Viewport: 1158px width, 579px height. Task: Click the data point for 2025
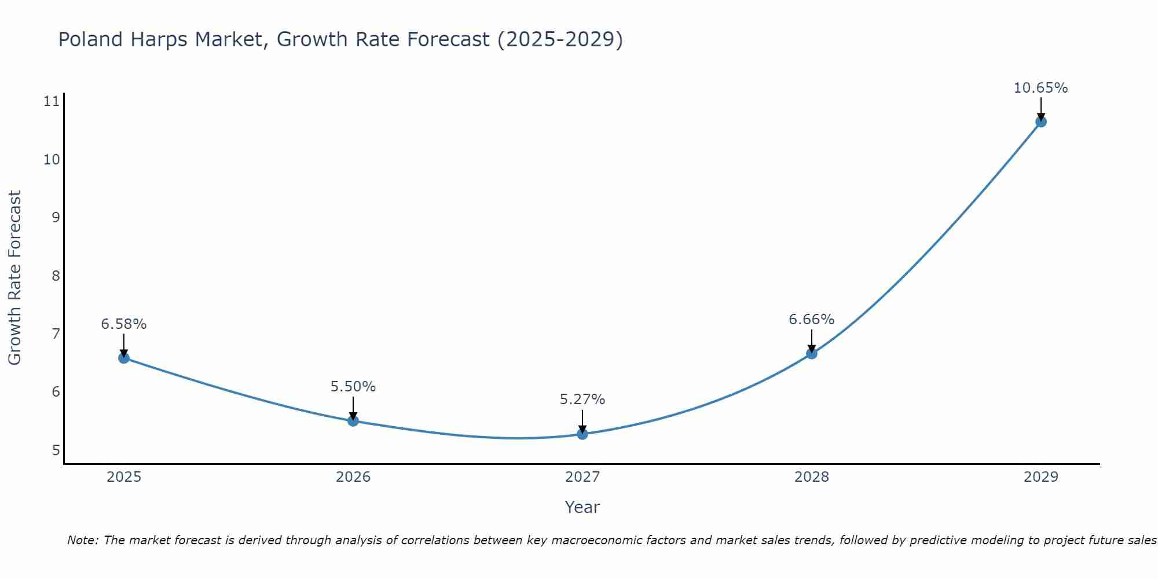(x=124, y=358)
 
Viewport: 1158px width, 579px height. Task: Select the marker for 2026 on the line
(x=353, y=421)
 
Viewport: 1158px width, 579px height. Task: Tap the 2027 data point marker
(x=582, y=434)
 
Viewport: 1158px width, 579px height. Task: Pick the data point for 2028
(x=812, y=353)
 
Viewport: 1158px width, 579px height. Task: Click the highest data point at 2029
(x=1041, y=122)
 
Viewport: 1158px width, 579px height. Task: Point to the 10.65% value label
(x=1040, y=88)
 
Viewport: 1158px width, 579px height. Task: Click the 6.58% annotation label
(x=124, y=324)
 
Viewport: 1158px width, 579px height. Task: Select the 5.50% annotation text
(x=353, y=387)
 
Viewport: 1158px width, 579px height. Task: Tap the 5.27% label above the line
(x=582, y=400)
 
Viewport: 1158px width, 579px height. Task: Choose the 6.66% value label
(x=811, y=320)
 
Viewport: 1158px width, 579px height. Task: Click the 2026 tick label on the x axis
(x=353, y=477)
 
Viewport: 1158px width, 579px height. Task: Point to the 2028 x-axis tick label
(x=812, y=477)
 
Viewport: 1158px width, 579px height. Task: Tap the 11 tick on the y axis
(x=52, y=102)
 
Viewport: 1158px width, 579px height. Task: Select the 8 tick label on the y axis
(x=56, y=276)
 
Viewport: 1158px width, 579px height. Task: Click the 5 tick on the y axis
(x=56, y=450)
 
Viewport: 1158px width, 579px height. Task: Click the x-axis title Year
(x=582, y=507)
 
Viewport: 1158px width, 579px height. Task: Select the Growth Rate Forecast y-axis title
(x=14, y=277)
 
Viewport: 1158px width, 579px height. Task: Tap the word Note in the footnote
(x=83, y=540)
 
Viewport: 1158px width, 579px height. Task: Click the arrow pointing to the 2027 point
(x=582, y=422)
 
